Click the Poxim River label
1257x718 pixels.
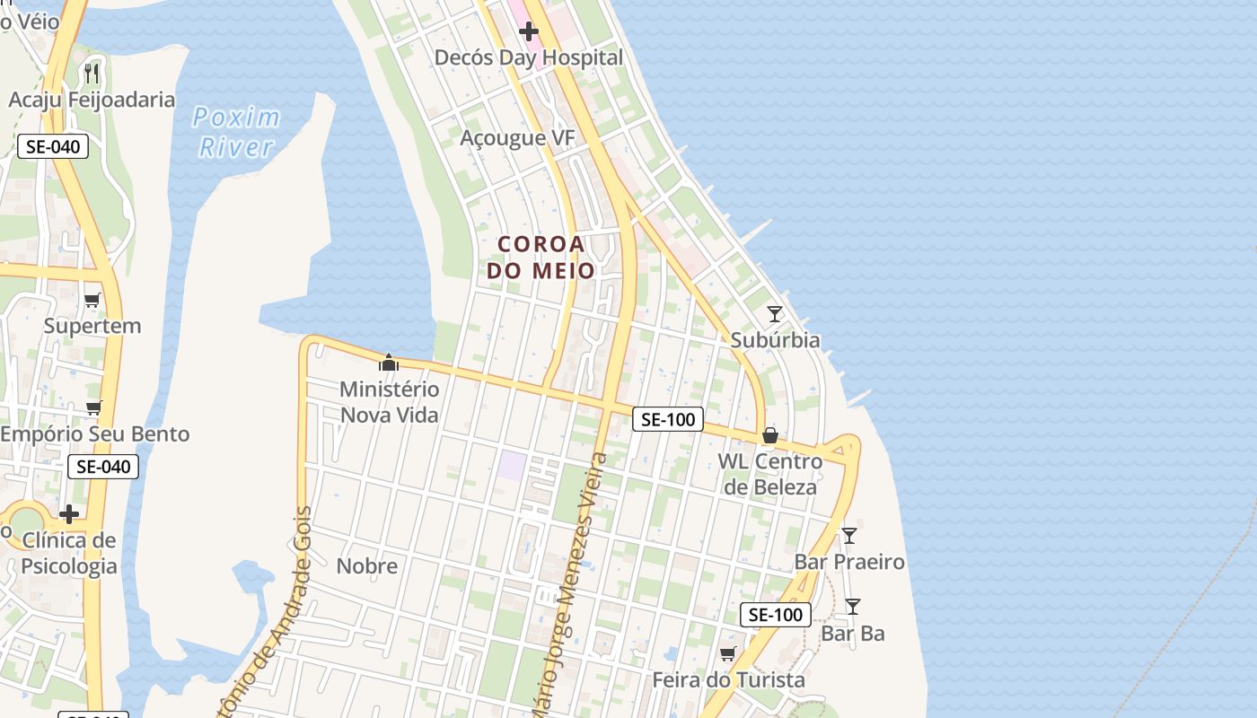tap(236, 132)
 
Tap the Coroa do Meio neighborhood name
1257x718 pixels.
tap(541, 257)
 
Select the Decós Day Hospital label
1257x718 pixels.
tap(528, 57)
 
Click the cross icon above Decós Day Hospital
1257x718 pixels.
tap(529, 32)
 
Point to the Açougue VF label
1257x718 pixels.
tap(516, 137)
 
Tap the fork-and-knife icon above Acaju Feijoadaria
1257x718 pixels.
tap(92, 73)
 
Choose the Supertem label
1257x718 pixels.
tap(92, 326)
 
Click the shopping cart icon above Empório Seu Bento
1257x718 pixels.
tap(93, 408)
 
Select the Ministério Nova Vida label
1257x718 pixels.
tap(390, 401)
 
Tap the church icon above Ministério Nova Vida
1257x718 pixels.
tap(389, 363)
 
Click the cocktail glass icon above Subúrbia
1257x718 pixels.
tap(775, 314)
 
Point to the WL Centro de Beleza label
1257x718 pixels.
tap(770, 474)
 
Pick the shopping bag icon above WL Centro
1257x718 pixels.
tap(769, 436)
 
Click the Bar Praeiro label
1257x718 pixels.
tap(849, 562)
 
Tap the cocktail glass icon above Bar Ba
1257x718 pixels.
tap(853, 607)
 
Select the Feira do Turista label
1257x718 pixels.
tap(728, 679)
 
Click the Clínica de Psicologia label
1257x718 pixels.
tap(69, 553)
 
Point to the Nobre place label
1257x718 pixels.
tap(366, 566)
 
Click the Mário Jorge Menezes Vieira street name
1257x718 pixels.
tap(567, 588)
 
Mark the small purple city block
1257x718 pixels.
tap(512, 465)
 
